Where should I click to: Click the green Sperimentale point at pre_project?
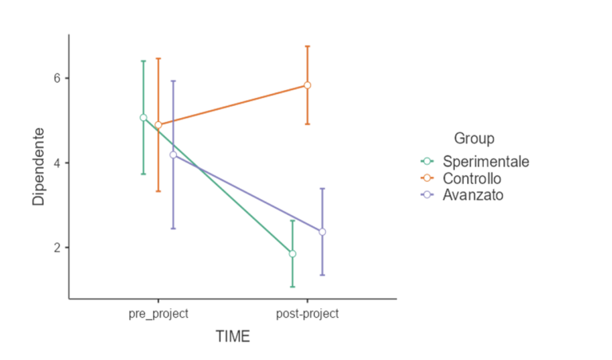pyautogui.click(x=143, y=118)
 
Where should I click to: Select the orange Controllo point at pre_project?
pyautogui.click(x=158, y=125)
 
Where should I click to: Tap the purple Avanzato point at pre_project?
pyautogui.click(x=173, y=155)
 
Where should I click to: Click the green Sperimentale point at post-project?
pyautogui.click(x=292, y=254)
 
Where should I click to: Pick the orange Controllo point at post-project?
pyautogui.click(x=307, y=85)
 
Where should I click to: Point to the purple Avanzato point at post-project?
pyautogui.click(x=322, y=232)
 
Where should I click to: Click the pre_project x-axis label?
pyautogui.click(x=158, y=314)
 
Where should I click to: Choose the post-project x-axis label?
pyautogui.click(x=307, y=314)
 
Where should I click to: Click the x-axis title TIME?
pyautogui.click(x=233, y=337)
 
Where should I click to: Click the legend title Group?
pyautogui.click(x=473, y=139)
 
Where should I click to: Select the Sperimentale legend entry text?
pyautogui.click(x=485, y=162)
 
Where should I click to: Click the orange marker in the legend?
pyautogui.click(x=427, y=178)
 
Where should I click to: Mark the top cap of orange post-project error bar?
pyautogui.click(x=307, y=46)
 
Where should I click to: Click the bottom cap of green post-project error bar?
pyautogui.click(x=292, y=287)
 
